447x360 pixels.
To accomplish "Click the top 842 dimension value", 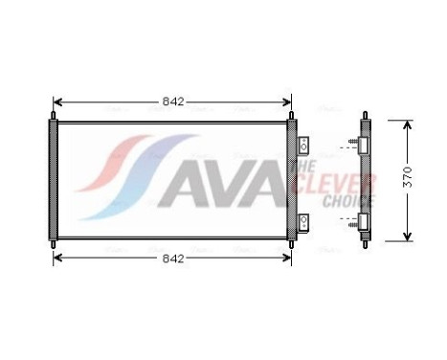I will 172,101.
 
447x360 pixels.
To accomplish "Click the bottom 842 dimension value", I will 172,259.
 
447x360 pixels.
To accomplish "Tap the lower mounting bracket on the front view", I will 304,222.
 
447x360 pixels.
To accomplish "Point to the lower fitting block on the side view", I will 365,222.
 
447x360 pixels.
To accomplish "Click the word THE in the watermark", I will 298,169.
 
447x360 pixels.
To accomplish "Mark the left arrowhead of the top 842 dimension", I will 56,101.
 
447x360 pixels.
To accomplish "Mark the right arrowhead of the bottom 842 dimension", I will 288,259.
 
